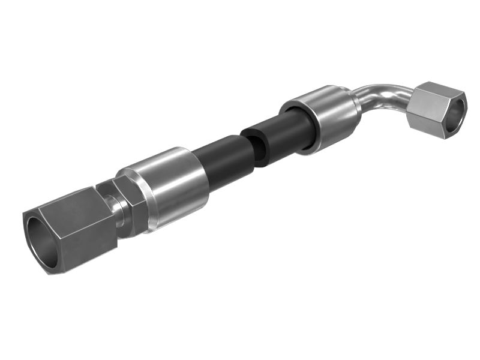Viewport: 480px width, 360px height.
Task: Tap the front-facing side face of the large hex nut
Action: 84,237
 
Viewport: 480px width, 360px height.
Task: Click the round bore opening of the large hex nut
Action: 41,240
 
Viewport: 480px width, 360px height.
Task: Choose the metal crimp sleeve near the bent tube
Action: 327,117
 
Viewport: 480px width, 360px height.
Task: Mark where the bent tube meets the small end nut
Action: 414,102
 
